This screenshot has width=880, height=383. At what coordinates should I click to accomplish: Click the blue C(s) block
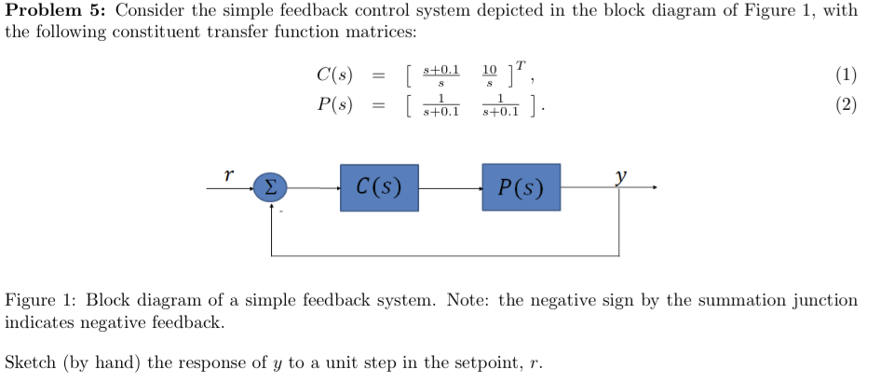(x=379, y=187)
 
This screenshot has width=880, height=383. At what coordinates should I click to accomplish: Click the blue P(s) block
(x=521, y=187)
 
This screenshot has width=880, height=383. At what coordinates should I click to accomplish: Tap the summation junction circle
(x=270, y=188)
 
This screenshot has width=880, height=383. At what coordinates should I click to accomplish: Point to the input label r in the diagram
(x=228, y=174)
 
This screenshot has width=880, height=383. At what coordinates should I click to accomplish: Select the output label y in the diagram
(x=620, y=175)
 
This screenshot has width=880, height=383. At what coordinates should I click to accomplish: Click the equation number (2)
(x=845, y=104)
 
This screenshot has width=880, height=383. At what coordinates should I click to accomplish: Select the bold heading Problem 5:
(x=55, y=11)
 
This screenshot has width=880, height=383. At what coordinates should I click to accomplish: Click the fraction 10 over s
(x=491, y=76)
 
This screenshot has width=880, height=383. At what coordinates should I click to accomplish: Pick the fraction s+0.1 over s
(x=440, y=76)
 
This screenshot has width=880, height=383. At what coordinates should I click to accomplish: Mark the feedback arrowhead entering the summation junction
(x=271, y=207)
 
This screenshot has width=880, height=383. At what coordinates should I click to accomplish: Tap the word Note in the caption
(x=467, y=300)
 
